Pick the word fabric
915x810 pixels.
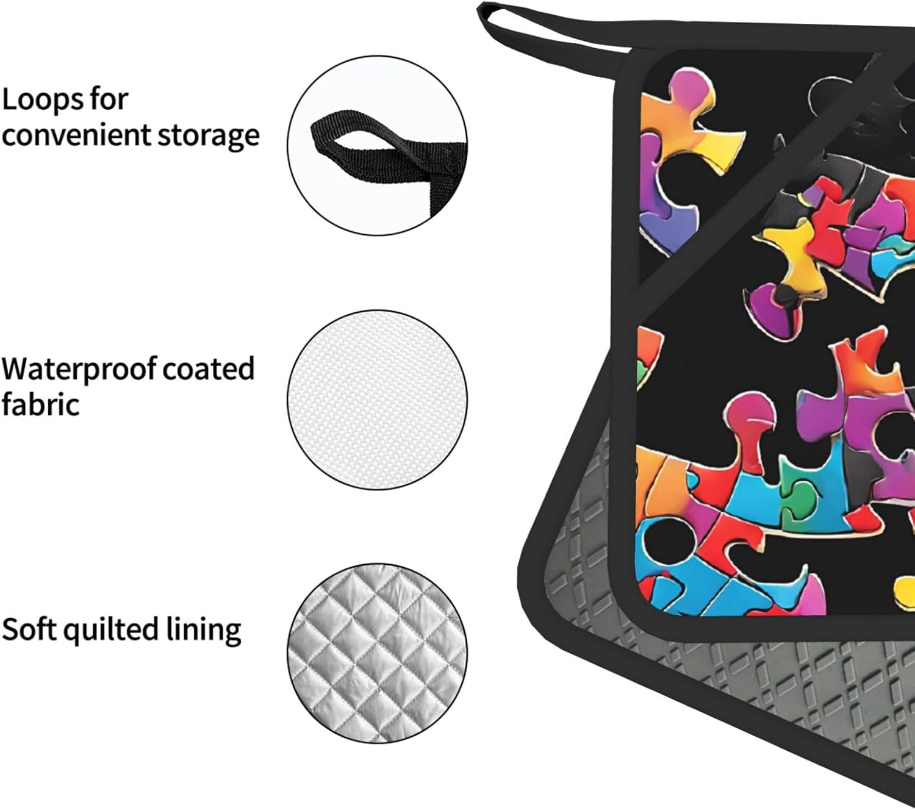[x=40, y=404]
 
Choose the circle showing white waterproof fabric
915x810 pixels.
[x=378, y=400]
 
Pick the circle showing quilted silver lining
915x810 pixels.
[x=378, y=653]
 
